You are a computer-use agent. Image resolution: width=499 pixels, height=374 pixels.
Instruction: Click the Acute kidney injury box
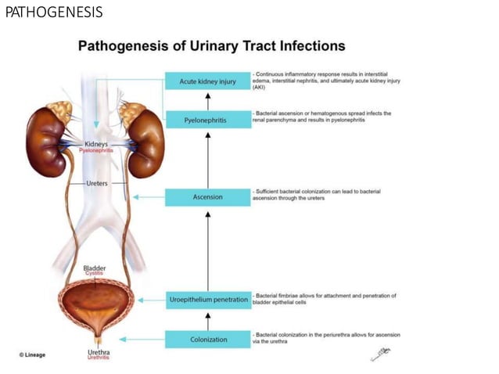(x=207, y=81)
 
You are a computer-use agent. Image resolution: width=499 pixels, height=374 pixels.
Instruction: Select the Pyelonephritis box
(x=207, y=120)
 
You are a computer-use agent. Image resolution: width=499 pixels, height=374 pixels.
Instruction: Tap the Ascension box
(x=207, y=196)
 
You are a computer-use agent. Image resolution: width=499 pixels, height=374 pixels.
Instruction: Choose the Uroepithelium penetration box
(x=207, y=300)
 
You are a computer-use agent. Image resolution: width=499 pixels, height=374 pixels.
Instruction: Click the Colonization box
(x=207, y=339)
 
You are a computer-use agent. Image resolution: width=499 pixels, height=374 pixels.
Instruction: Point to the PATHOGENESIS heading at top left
(x=54, y=13)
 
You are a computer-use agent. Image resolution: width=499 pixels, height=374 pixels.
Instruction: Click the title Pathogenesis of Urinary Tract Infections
(x=211, y=46)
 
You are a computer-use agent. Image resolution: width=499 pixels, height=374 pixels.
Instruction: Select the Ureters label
(x=96, y=183)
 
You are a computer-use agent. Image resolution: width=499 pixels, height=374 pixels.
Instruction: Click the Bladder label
(x=94, y=268)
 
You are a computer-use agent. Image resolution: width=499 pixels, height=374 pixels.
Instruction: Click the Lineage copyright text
(x=32, y=355)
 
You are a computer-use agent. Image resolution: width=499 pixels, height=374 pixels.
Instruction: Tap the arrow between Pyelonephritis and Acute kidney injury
(x=207, y=100)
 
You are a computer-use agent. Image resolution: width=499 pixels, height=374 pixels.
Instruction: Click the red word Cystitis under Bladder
(x=94, y=274)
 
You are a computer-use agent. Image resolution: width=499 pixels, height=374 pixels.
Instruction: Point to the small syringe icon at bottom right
(x=379, y=354)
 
